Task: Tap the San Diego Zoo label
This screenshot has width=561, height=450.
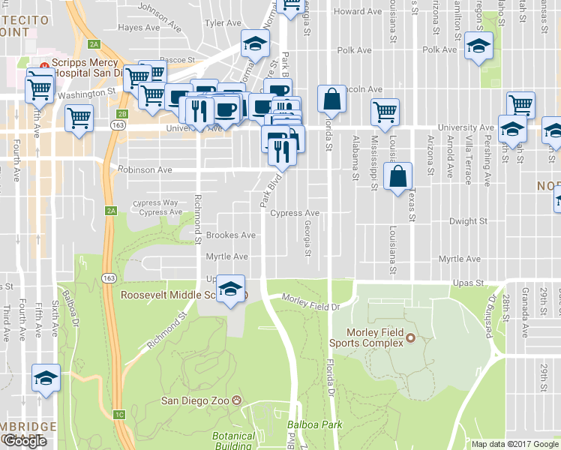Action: [x=196, y=400]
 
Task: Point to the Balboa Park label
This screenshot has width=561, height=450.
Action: [x=316, y=425]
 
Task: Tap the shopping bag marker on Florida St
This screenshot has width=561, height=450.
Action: [x=331, y=100]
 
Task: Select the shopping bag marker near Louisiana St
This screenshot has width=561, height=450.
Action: [x=398, y=178]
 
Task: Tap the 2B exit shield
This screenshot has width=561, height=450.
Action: [x=122, y=115]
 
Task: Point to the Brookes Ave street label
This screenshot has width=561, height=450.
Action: [x=232, y=235]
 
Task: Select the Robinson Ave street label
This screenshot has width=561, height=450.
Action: [x=145, y=170]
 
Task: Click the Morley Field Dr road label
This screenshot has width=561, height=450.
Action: [x=311, y=302]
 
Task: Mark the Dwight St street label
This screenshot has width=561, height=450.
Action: [x=469, y=222]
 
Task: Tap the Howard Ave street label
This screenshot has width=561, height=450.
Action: [x=358, y=12]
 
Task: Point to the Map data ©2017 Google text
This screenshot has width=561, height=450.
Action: [x=515, y=444]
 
